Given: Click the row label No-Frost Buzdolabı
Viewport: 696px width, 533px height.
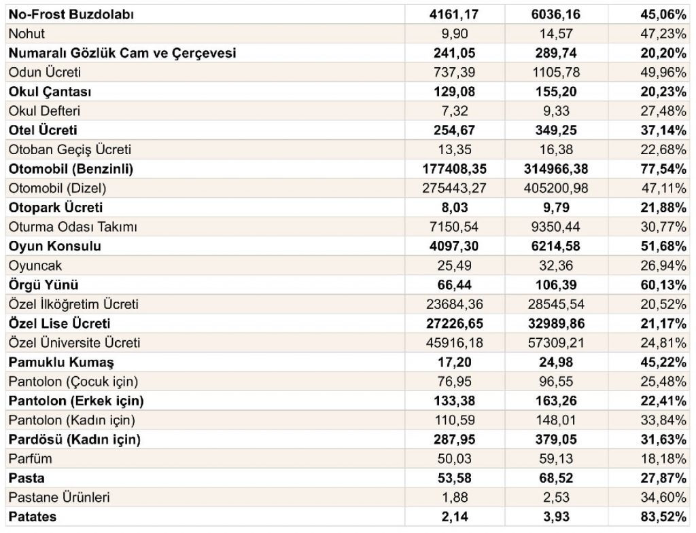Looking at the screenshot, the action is (71, 15).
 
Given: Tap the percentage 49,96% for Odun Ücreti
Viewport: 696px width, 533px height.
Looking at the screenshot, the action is (663, 72).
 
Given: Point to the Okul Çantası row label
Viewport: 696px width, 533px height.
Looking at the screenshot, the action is (50, 92).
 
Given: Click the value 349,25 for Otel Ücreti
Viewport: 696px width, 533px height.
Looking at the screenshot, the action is (556, 130).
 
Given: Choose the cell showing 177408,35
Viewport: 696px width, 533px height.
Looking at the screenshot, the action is (455, 169).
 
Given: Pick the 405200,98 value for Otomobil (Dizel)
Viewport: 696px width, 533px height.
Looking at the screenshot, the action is (556, 189).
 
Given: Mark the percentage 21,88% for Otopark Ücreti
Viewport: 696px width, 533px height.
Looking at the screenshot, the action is (663, 208).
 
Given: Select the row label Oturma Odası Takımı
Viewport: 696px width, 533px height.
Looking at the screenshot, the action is (73, 227).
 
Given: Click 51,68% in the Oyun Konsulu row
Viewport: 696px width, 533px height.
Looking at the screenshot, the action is (663, 246).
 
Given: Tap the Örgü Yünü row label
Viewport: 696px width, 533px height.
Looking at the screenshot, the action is (43, 284).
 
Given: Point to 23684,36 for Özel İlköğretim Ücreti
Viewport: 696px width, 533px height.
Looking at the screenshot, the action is (455, 304).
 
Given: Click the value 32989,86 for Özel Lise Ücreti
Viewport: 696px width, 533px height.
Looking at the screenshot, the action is (556, 324).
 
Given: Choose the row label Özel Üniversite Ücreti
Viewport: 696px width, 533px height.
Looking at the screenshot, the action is (74, 343).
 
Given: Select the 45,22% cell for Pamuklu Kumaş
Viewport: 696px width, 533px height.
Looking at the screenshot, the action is (663, 363).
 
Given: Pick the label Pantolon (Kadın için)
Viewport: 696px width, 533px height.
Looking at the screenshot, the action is (72, 420).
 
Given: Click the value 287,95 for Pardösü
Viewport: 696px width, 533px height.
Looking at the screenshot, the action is (455, 439).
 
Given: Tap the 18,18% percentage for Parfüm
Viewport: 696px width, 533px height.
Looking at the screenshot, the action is (663, 459).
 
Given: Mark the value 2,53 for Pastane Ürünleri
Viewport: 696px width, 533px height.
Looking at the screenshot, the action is (556, 498).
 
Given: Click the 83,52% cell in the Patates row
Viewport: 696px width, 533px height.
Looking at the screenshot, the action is (663, 517).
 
